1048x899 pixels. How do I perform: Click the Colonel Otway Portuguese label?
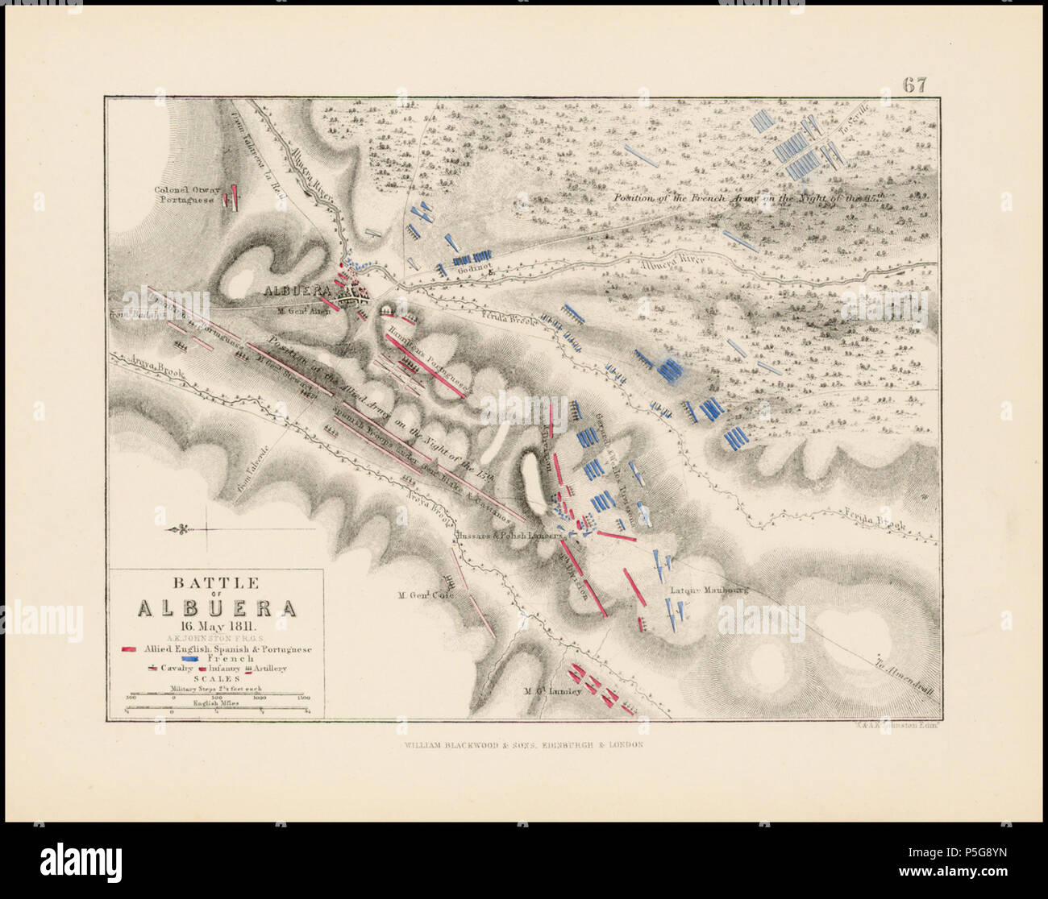[x=187, y=196]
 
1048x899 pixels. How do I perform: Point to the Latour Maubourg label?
[x=709, y=590]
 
